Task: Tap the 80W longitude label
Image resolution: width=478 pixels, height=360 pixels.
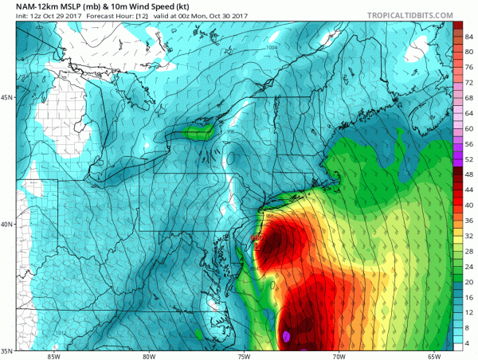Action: (x=148, y=356)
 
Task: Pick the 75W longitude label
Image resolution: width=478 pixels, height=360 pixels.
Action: (x=244, y=356)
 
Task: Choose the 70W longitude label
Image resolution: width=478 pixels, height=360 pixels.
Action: (x=339, y=356)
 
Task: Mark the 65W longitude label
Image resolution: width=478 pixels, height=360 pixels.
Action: (x=434, y=356)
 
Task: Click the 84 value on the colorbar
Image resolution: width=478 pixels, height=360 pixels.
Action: (x=470, y=37)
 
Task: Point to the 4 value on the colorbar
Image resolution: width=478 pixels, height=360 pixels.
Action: (x=470, y=342)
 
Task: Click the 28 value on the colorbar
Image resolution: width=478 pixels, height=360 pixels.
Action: (x=470, y=251)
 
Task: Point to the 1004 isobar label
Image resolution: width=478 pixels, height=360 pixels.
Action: (x=272, y=49)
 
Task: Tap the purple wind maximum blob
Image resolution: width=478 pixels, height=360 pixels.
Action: (x=285, y=336)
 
